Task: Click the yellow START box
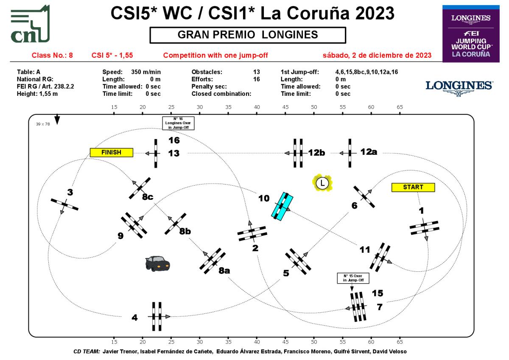[413, 187]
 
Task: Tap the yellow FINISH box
[111, 152]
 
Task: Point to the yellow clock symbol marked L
[322, 183]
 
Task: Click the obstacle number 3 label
[70, 193]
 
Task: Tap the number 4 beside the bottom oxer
[135, 317]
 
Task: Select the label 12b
[316, 153]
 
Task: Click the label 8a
[224, 271]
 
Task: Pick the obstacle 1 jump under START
[424, 228]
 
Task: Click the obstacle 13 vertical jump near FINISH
[156, 153]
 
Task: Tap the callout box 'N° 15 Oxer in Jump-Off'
[353, 278]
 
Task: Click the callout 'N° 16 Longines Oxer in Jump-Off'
[178, 123]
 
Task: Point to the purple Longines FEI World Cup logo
[471, 33]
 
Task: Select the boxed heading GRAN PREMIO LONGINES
[248, 35]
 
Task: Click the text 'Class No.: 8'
[53, 56]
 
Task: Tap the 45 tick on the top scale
[286, 107]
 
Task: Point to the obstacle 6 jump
[364, 196]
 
